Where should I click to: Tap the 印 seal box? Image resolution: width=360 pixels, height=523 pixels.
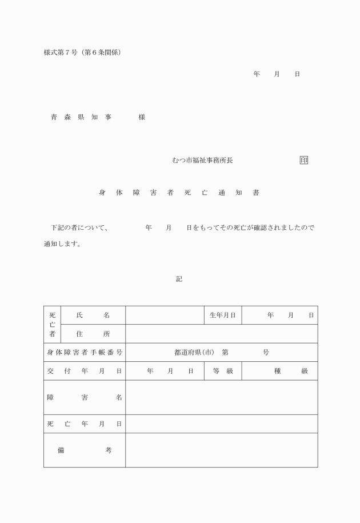(303, 161)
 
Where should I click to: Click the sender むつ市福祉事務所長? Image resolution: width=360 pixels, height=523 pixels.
(202, 161)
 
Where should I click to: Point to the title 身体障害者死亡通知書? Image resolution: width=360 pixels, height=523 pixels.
(179, 193)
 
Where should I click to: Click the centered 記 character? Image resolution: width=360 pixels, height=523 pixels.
(179, 279)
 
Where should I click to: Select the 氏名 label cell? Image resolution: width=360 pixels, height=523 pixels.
(93, 315)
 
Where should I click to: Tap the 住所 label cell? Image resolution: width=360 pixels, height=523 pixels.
(93, 334)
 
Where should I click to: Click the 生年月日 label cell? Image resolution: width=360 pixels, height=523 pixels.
(222, 315)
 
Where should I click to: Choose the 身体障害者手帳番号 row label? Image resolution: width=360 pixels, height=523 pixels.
(85, 353)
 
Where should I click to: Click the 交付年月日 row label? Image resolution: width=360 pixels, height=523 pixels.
(85, 371)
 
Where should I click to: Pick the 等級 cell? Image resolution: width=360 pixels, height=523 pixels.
(222, 371)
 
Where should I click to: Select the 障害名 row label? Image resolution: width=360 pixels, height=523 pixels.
(85, 397)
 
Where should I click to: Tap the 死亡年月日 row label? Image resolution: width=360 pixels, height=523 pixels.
(85, 424)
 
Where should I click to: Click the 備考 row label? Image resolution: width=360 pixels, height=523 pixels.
(85, 450)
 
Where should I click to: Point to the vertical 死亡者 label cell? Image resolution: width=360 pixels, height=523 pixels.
(52, 325)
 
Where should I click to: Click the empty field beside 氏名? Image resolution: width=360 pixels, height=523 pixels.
(165, 315)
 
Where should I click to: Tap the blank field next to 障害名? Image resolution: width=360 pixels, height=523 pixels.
(221, 397)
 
